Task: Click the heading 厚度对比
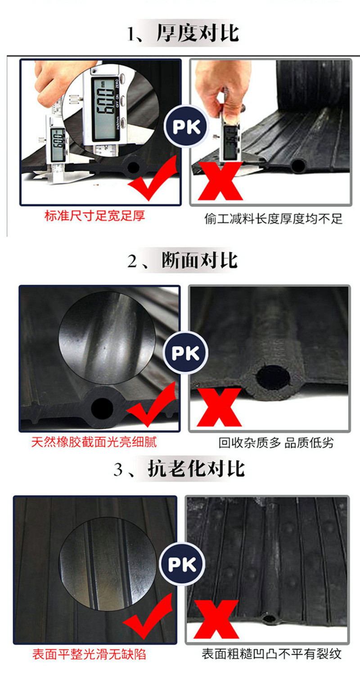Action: click(198, 33)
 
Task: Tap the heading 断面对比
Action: click(199, 261)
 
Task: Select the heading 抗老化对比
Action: click(196, 469)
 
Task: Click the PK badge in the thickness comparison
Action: click(186, 126)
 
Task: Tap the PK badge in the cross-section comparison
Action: click(185, 353)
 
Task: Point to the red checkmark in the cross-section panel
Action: click(151, 404)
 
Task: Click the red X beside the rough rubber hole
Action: click(219, 407)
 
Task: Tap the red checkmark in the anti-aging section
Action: click(148, 616)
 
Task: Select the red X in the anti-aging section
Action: click(216, 619)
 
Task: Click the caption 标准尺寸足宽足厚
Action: click(94, 216)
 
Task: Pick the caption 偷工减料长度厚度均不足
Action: click(273, 218)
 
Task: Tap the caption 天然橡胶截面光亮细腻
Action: click(94, 442)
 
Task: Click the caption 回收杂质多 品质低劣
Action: click(276, 443)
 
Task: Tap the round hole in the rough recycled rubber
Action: click(273, 377)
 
